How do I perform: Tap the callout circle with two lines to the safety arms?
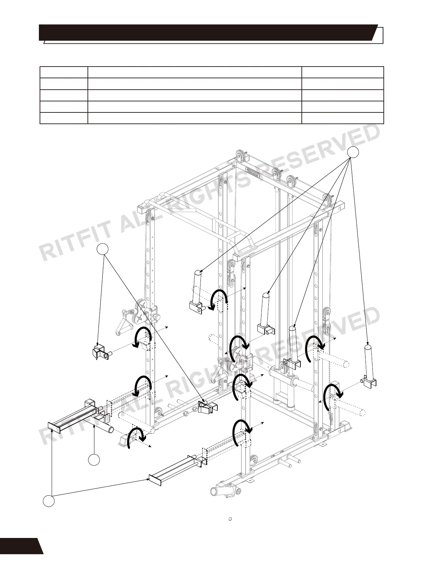(x=49, y=501)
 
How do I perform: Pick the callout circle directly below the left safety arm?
(x=94, y=460)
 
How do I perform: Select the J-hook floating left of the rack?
(x=100, y=352)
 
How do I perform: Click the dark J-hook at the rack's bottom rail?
(x=208, y=408)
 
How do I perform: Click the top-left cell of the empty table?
(x=64, y=72)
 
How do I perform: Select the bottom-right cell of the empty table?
(x=342, y=118)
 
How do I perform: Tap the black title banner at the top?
(x=207, y=32)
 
